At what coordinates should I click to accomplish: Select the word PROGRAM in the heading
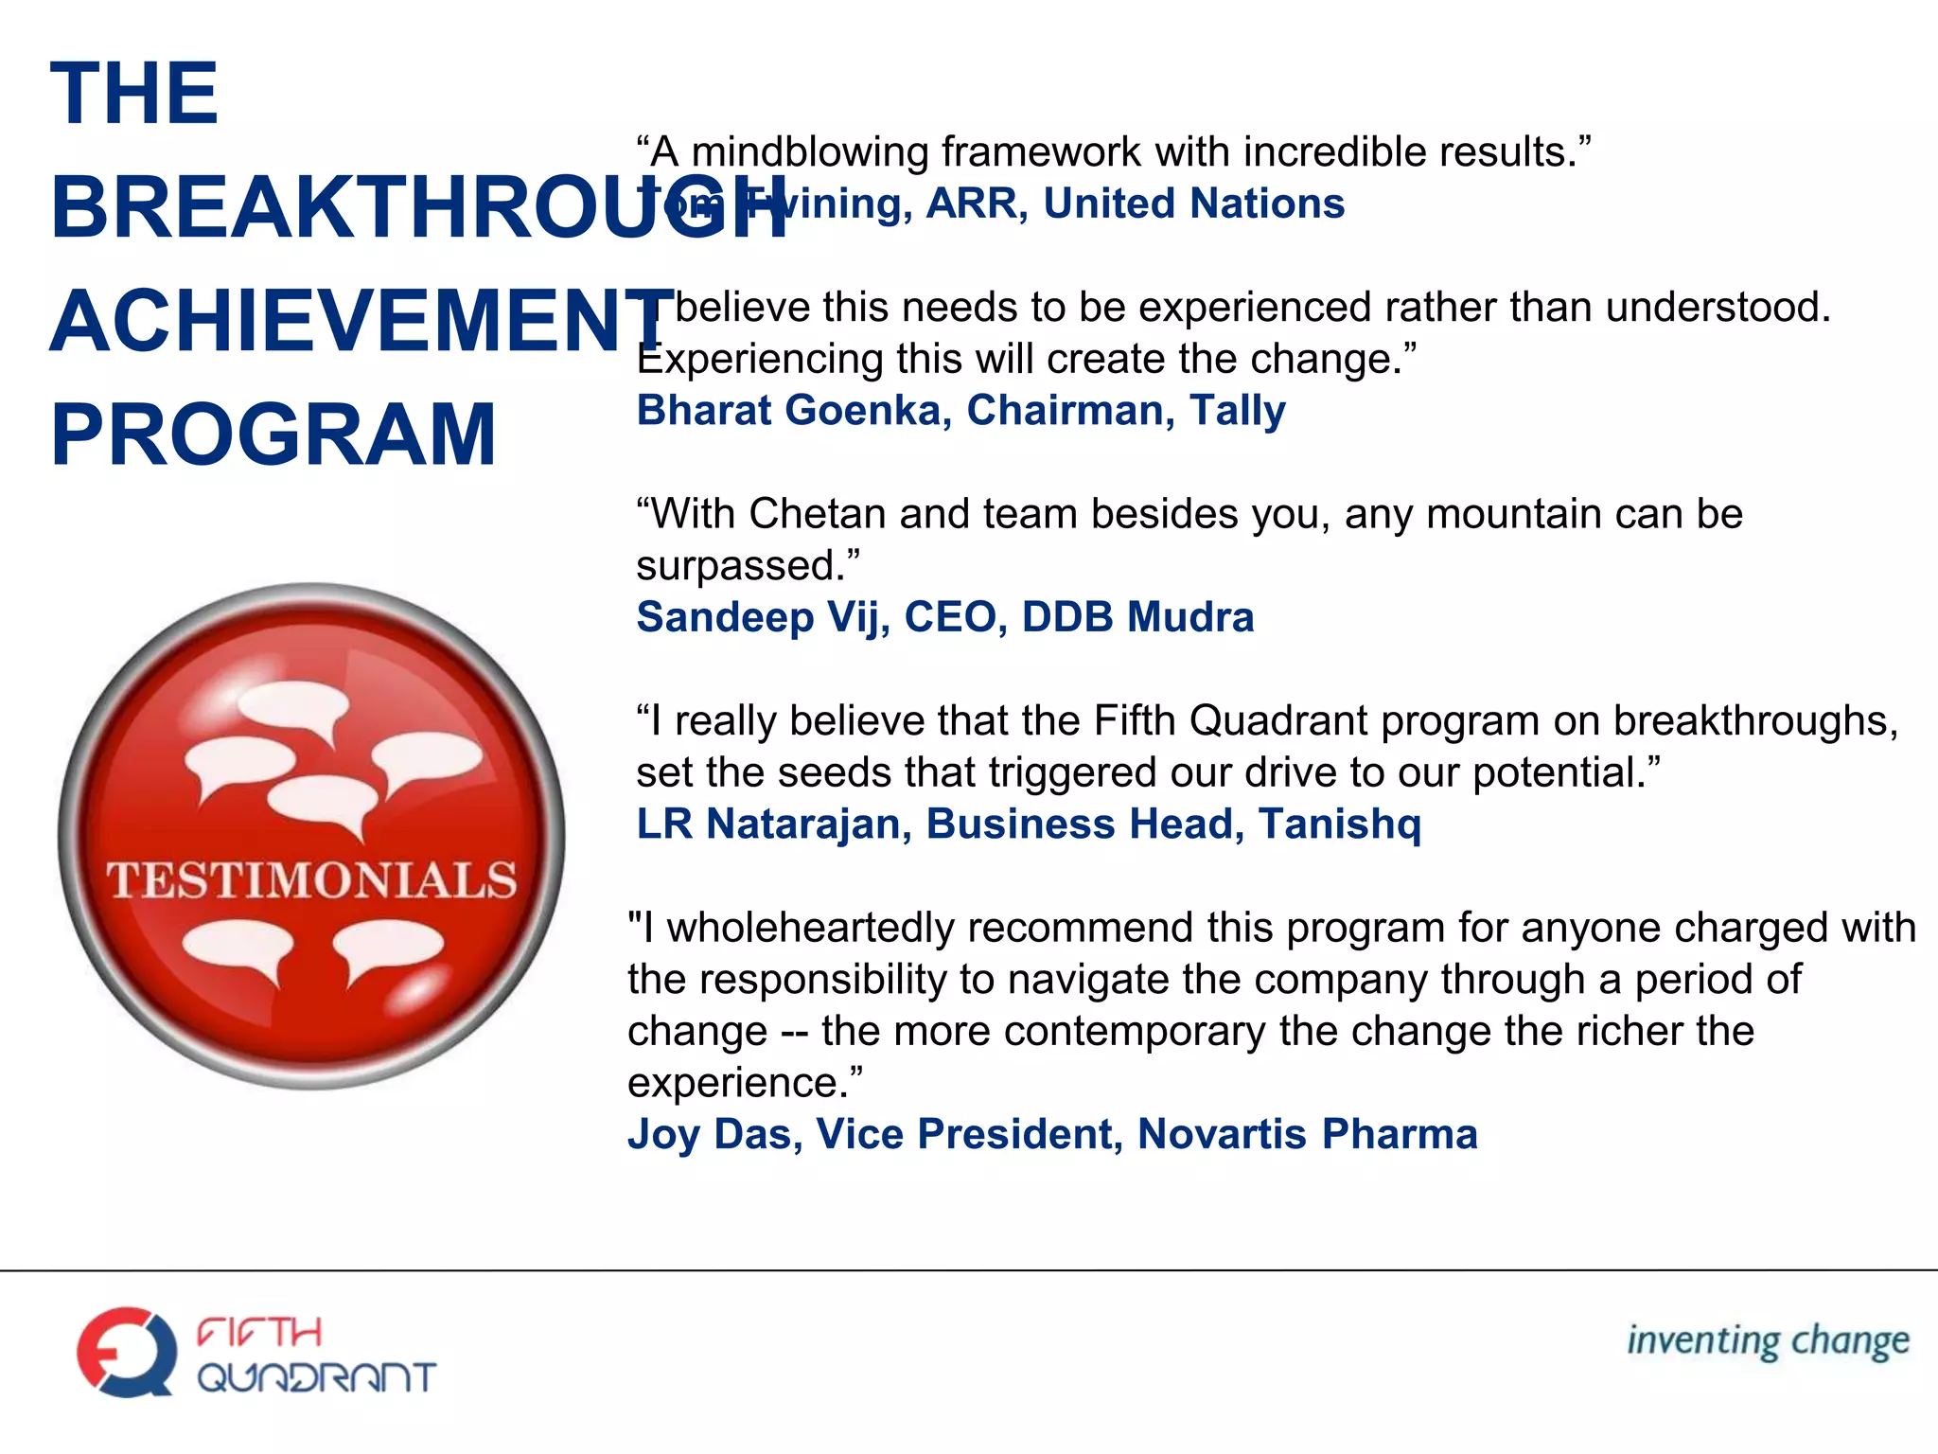tap(273, 434)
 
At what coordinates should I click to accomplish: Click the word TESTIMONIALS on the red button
tap(312, 880)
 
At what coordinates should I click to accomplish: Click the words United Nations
tap(1193, 204)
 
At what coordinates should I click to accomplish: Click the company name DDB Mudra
tap(1137, 617)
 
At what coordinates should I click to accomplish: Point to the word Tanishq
tap(1339, 824)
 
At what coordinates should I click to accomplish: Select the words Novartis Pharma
tap(1307, 1134)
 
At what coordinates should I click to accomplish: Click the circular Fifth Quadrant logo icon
tap(127, 1351)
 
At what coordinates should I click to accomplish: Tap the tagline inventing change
tap(1768, 1341)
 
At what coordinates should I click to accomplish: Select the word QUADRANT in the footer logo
tap(316, 1377)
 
